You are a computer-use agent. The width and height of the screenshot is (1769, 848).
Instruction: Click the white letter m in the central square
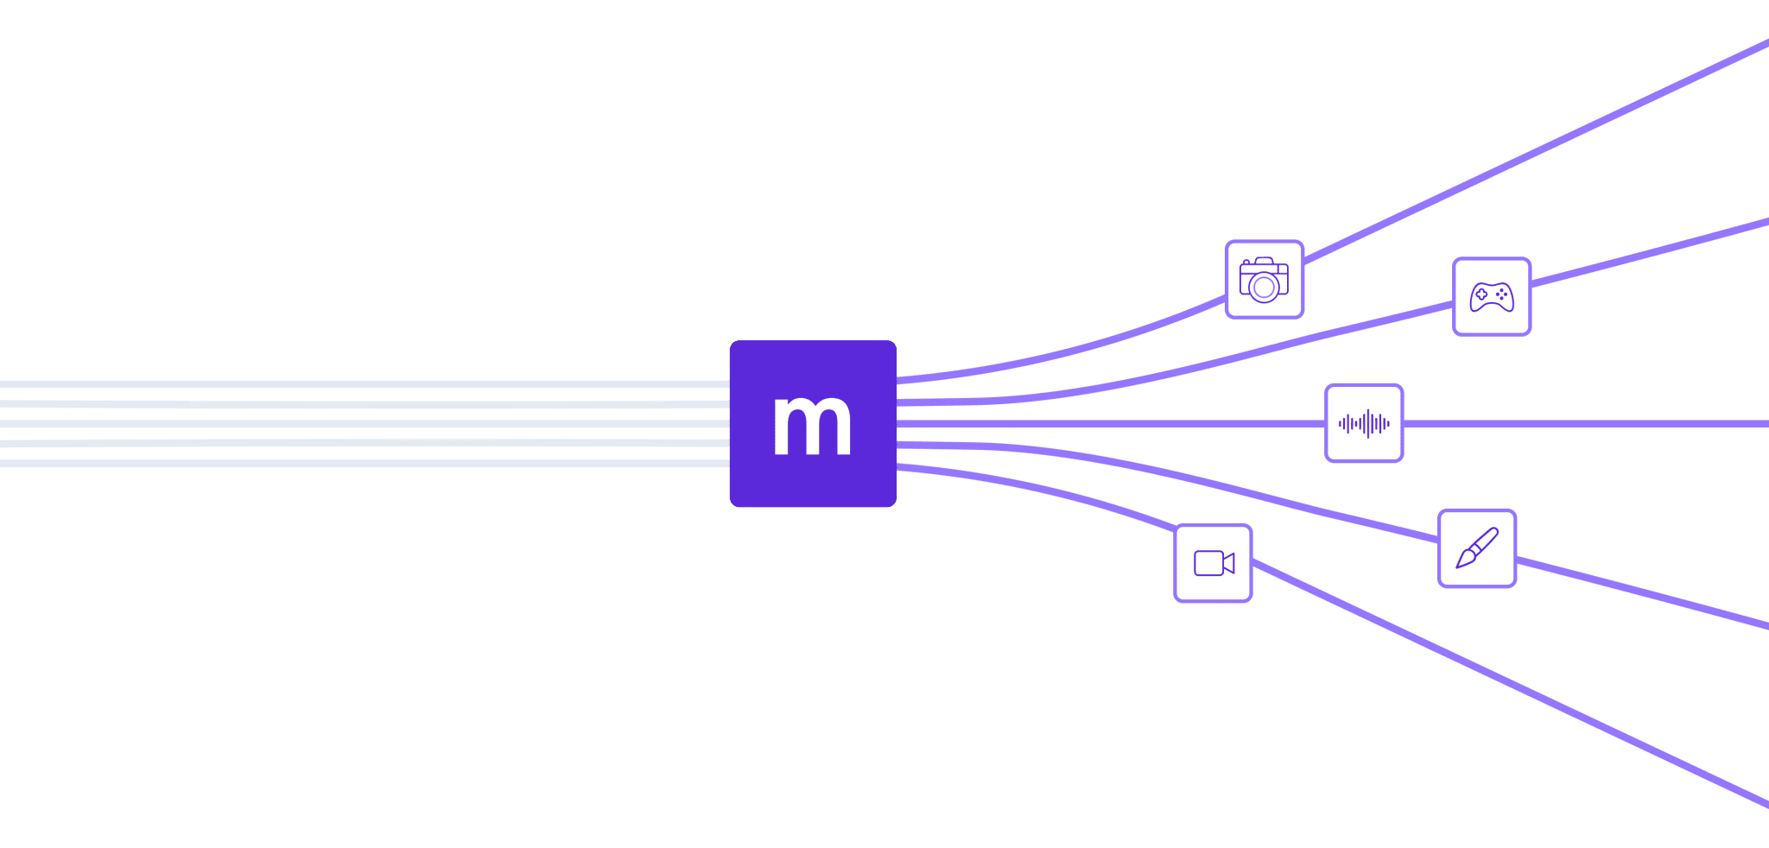(812, 425)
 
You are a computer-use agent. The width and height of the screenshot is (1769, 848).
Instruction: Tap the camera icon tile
(1264, 279)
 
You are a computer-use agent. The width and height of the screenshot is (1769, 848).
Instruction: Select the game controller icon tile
(1492, 296)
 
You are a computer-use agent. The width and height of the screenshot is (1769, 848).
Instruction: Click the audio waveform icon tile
(1364, 423)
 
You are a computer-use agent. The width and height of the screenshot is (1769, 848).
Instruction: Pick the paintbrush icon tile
(1477, 548)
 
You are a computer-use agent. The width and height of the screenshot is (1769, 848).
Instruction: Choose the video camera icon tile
(1213, 563)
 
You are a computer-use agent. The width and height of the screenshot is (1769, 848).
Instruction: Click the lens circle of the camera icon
(1264, 287)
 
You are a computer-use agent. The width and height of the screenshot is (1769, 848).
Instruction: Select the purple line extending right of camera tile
(1538, 148)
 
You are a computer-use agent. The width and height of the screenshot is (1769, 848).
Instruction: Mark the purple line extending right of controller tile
(1650, 253)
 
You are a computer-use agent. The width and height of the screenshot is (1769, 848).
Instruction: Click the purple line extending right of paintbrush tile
(1641, 592)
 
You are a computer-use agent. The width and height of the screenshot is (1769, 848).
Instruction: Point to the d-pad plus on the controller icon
(1481, 294)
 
